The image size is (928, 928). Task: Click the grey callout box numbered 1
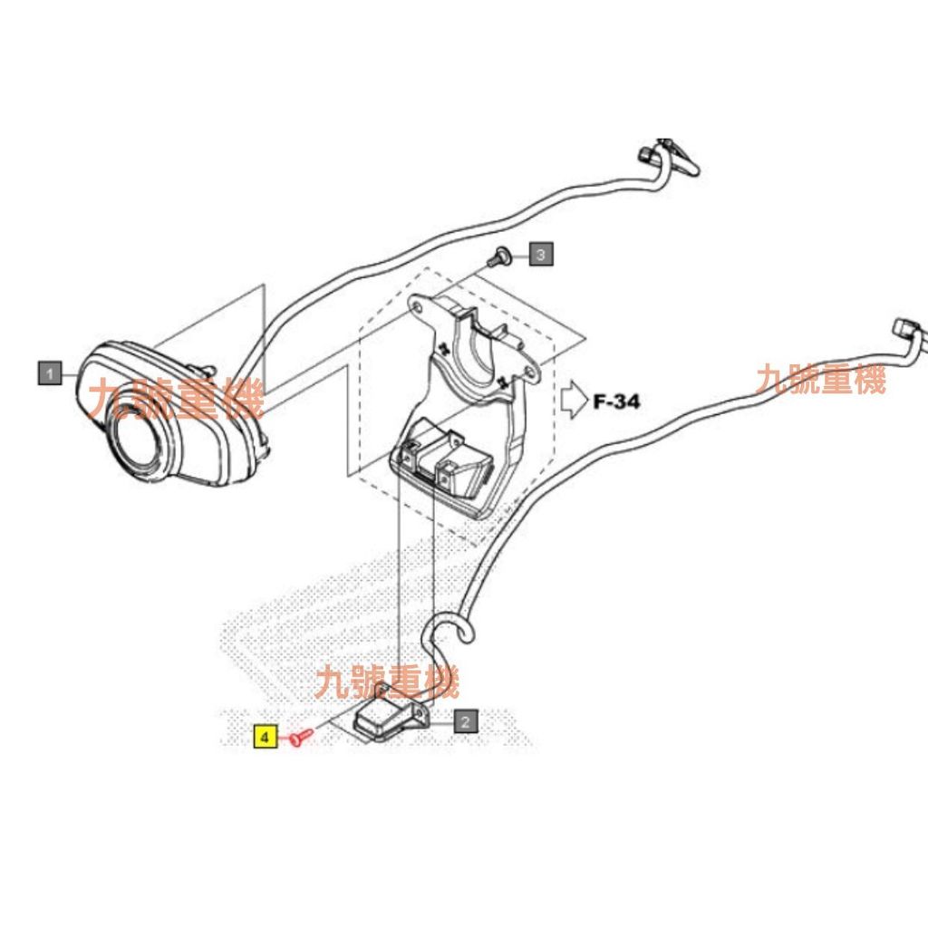click(50, 372)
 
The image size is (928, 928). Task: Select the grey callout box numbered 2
click(465, 720)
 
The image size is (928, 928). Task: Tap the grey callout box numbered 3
click(541, 254)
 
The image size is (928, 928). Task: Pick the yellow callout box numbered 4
click(266, 737)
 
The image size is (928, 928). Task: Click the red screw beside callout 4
click(301, 736)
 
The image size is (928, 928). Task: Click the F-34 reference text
click(616, 401)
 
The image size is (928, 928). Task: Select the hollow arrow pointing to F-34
click(573, 401)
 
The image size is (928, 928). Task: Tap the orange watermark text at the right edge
click(820, 380)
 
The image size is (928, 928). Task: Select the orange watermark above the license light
click(387, 681)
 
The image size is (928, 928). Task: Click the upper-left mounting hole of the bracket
click(419, 307)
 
